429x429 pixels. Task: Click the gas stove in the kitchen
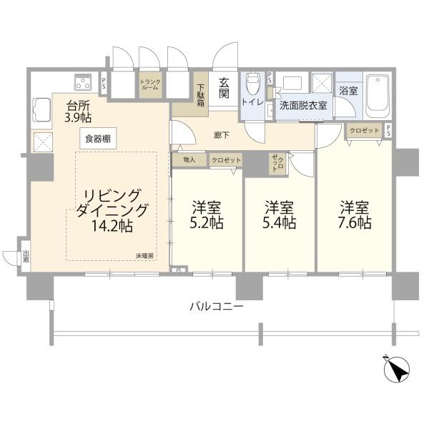pyautogui.click(x=83, y=82)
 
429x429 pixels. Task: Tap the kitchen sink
pyautogui.click(x=41, y=109)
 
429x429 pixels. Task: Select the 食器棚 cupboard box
pyautogui.click(x=98, y=139)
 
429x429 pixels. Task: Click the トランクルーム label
pyautogui.click(x=150, y=84)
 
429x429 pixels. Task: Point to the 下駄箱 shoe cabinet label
pyautogui.click(x=201, y=95)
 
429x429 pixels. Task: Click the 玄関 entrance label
pyautogui.click(x=224, y=88)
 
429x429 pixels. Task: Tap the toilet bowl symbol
pyautogui.click(x=252, y=83)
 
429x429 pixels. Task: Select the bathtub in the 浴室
pyautogui.click(x=378, y=96)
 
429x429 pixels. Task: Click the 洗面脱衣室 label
pyautogui.click(x=303, y=105)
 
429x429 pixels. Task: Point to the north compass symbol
pyautogui.click(x=396, y=369)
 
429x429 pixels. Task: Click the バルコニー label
pyautogui.click(x=217, y=307)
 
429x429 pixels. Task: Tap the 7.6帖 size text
pyautogui.click(x=355, y=222)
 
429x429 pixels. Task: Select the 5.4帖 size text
pyautogui.click(x=280, y=222)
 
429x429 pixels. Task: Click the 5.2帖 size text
pyautogui.click(x=207, y=222)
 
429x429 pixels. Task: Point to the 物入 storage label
pyautogui.click(x=189, y=159)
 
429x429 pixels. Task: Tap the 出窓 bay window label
pyautogui.click(x=26, y=257)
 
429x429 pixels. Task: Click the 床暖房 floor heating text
pyautogui.click(x=144, y=256)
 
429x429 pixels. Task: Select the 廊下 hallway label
pyautogui.click(x=222, y=135)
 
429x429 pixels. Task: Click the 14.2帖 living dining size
pyautogui.click(x=112, y=226)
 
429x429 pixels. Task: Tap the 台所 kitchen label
pyautogui.click(x=79, y=104)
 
